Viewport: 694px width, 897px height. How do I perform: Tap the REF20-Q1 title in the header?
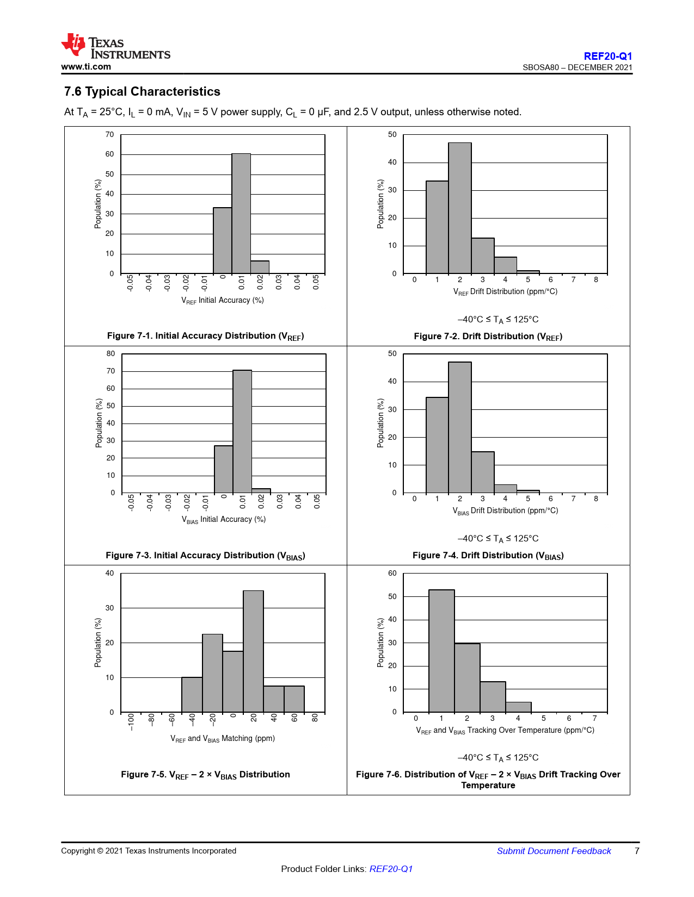click(607, 56)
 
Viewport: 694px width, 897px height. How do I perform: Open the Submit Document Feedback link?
click(554, 851)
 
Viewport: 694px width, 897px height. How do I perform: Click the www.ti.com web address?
click(86, 67)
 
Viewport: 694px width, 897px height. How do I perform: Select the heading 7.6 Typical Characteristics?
click(142, 91)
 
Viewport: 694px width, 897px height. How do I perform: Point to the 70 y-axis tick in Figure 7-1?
click(110, 134)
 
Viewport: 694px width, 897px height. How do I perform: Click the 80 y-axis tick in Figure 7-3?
click(111, 353)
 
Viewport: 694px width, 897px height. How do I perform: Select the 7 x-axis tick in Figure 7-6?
click(594, 718)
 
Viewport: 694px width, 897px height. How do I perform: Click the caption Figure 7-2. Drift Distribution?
click(488, 337)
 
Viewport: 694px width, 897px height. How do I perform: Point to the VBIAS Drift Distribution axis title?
click(505, 511)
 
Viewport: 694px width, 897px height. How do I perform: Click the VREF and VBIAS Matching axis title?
click(223, 739)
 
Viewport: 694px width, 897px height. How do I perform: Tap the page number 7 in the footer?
click(637, 851)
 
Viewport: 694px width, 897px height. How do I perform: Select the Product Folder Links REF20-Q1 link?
click(391, 869)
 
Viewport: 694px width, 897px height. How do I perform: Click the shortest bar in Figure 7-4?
click(528, 491)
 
